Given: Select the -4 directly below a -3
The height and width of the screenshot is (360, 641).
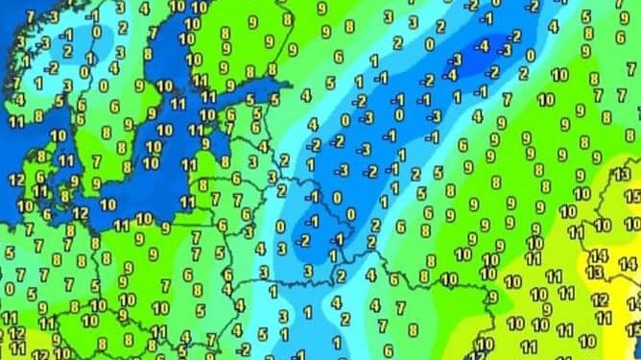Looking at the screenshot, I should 453,75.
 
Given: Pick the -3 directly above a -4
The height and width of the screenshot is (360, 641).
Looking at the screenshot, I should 458,59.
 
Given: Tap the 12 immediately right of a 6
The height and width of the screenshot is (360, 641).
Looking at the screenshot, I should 80,213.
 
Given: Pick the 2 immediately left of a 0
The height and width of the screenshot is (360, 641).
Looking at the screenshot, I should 400,43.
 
